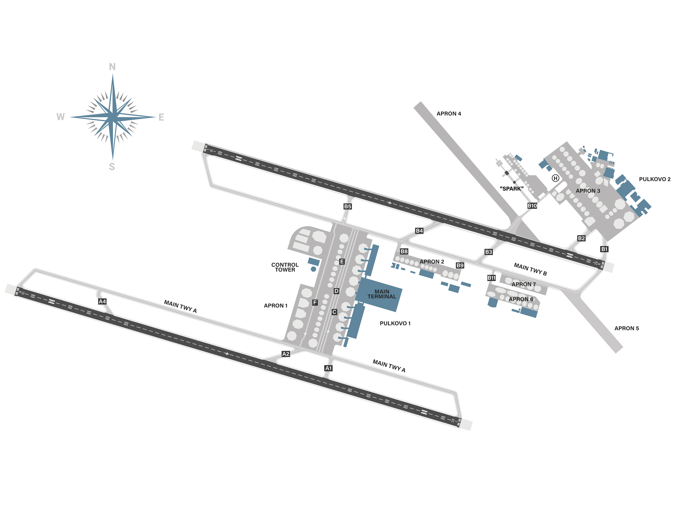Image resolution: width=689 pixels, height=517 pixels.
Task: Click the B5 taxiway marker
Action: click(x=348, y=206)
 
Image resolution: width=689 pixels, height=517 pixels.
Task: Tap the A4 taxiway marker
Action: click(x=102, y=301)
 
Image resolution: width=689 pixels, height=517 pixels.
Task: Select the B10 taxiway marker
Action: click(x=532, y=206)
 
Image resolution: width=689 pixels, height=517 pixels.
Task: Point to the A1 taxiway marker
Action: click(x=328, y=368)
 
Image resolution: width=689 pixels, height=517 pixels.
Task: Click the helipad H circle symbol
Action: click(x=555, y=178)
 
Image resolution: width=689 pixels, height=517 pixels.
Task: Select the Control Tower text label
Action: click(x=285, y=267)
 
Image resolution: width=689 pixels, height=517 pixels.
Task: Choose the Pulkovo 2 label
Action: click(x=655, y=179)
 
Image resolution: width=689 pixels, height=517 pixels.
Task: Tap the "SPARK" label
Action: click(x=511, y=188)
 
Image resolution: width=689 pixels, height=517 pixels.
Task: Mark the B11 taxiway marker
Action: click(x=491, y=278)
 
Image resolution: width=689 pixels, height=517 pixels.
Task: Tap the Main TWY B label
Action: click(x=530, y=269)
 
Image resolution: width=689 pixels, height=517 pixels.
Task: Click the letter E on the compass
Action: click(x=161, y=117)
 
